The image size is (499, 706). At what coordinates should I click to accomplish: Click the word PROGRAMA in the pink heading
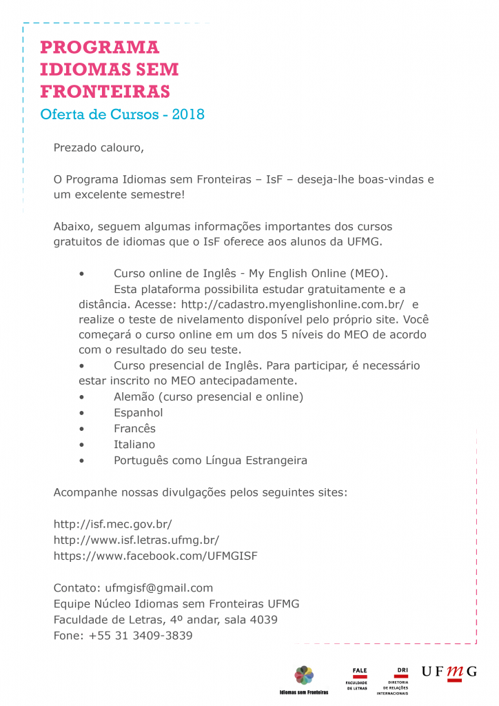pyautogui.click(x=100, y=48)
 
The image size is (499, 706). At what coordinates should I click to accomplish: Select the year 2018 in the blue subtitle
pyautogui.click(x=188, y=114)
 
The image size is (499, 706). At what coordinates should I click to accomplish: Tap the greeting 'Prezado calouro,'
pyautogui.click(x=99, y=148)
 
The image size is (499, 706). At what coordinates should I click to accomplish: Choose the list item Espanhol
pyautogui.click(x=139, y=413)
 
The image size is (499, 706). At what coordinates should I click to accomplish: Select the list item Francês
pyautogui.click(x=135, y=429)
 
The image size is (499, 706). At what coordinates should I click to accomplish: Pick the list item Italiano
pyautogui.click(x=134, y=445)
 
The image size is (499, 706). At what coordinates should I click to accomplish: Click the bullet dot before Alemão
pyautogui.click(x=82, y=397)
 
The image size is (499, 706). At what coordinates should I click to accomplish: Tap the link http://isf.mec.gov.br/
pyautogui.click(x=112, y=524)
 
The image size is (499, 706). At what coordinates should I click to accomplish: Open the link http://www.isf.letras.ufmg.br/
pyautogui.click(x=136, y=540)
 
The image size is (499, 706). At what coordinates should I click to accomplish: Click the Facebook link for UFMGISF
pyautogui.click(x=156, y=556)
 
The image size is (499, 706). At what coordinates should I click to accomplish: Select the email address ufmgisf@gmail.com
pyautogui.click(x=159, y=588)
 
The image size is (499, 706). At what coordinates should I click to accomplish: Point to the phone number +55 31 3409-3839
pyautogui.click(x=141, y=636)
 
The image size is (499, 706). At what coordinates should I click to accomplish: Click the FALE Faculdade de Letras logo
pyautogui.click(x=360, y=678)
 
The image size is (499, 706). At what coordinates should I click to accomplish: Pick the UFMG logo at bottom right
pyautogui.click(x=449, y=672)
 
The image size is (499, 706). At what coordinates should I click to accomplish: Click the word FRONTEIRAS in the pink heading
pyautogui.click(x=105, y=92)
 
